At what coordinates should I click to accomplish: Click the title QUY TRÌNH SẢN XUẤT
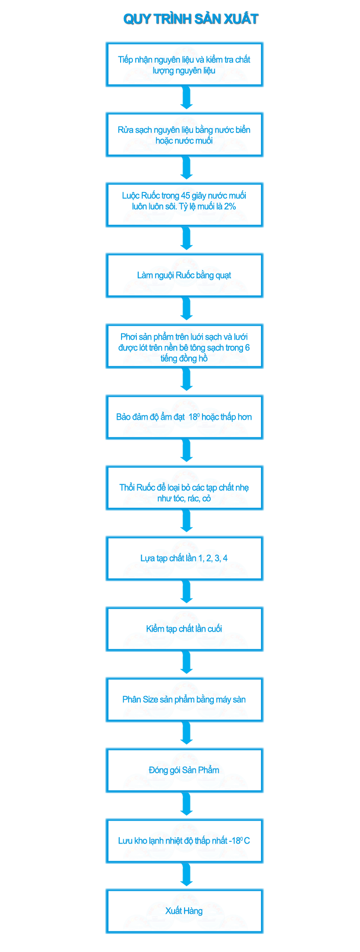(191, 19)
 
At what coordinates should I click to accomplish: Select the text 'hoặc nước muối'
(185, 141)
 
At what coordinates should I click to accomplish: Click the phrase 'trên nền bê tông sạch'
(185, 348)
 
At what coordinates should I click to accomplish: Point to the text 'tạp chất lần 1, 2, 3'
(185, 558)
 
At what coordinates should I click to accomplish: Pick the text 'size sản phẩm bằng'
(185, 700)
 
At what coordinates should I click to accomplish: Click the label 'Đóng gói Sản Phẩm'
(184, 770)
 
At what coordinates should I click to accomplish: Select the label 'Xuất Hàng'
(184, 911)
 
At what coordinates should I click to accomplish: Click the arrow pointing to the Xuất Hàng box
(185, 876)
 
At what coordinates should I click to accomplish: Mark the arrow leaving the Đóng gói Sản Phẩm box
(185, 805)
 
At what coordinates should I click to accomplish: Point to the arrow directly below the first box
(185, 99)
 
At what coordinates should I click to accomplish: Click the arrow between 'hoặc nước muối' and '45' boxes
(185, 169)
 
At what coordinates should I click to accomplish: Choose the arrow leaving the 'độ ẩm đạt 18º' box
(185, 451)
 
